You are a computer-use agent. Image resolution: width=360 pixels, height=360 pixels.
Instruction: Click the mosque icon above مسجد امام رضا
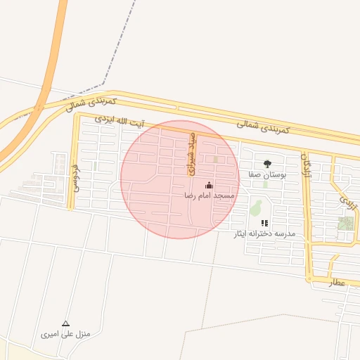point(208,184)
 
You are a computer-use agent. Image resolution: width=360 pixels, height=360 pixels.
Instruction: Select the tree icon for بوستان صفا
point(266,163)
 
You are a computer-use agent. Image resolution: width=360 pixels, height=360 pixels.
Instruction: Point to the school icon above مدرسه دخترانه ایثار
point(264,223)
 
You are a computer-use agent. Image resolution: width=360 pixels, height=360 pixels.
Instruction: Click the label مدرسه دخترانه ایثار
point(264,233)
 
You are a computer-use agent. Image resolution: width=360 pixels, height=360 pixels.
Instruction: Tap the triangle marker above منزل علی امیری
point(66,323)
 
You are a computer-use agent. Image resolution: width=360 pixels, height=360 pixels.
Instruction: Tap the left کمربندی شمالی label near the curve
point(91,103)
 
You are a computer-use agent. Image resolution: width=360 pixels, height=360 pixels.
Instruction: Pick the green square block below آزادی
point(345,224)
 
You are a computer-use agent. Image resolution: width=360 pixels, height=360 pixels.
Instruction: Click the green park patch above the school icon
point(256,207)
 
